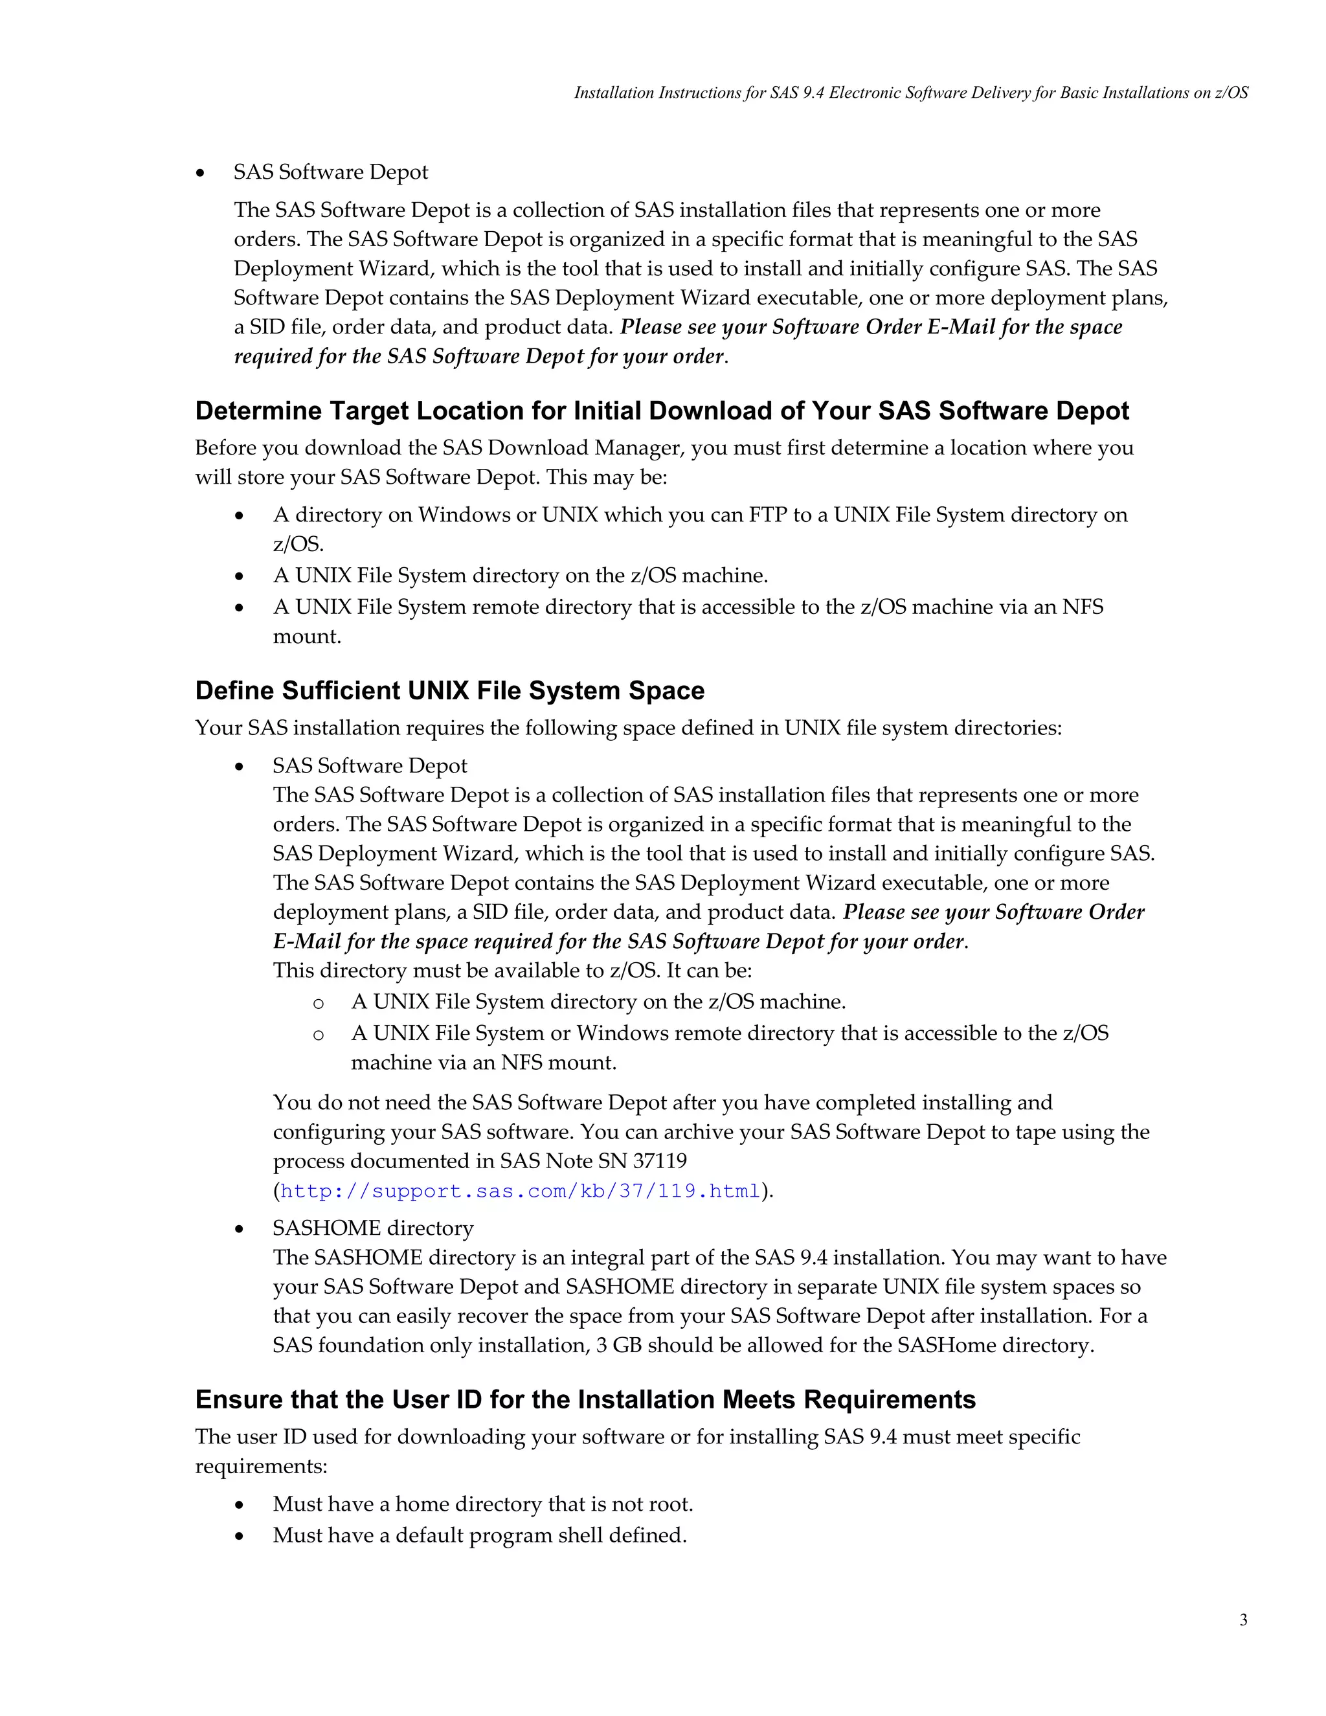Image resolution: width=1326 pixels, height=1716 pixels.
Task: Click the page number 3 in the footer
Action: click(1242, 1620)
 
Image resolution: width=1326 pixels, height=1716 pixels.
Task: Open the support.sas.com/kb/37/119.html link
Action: click(520, 1191)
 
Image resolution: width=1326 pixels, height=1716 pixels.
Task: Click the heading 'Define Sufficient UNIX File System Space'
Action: click(449, 691)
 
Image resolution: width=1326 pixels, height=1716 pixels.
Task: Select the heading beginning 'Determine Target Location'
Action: click(662, 411)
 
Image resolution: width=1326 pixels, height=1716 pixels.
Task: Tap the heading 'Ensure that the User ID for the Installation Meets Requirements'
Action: click(585, 1399)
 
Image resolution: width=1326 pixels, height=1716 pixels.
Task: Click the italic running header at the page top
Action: click(910, 93)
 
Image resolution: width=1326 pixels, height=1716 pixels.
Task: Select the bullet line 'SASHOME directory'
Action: click(373, 1228)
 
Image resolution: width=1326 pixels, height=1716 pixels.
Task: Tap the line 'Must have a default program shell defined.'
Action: click(479, 1535)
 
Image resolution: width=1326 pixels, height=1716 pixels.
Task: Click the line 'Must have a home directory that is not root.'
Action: click(482, 1504)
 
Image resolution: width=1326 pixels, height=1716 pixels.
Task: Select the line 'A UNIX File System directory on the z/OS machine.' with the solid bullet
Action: click(520, 576)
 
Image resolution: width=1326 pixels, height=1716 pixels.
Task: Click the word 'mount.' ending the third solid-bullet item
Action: click(306, 637)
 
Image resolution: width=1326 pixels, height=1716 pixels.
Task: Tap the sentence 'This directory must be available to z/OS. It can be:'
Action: click(512, 971)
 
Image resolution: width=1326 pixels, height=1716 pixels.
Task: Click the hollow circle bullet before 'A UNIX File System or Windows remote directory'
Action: click(318, 1035)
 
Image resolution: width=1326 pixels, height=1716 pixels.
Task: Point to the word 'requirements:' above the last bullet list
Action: click(261, 1466)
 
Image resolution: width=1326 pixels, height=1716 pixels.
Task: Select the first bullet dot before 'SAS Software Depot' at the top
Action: click(201, 173)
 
